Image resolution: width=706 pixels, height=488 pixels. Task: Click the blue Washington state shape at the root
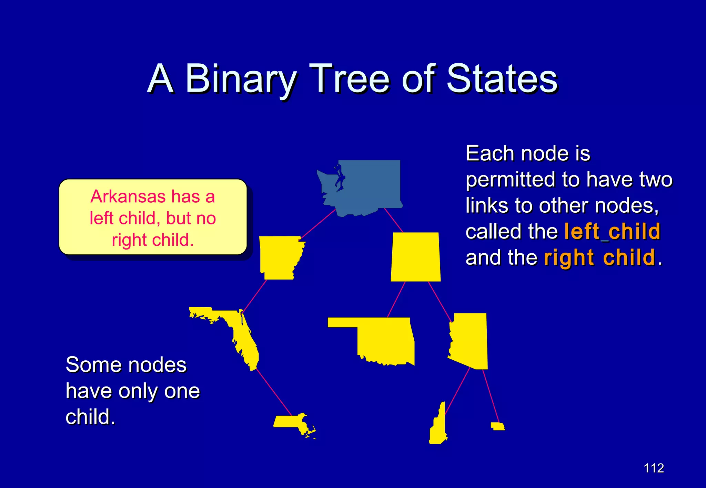tap(365, 186)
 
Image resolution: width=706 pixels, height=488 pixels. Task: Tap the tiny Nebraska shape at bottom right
tap(497, 427)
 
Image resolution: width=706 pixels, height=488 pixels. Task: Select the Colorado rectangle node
tap(416, 257)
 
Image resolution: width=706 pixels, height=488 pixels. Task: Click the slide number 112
tap(654, 468)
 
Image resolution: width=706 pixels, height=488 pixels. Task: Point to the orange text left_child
tap(612, 231)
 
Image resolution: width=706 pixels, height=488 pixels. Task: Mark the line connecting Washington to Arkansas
tap(318, 223)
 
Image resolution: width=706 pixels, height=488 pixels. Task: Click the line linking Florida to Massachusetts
tap(274, 392)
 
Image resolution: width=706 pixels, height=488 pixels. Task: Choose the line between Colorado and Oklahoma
tap(396, 299)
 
